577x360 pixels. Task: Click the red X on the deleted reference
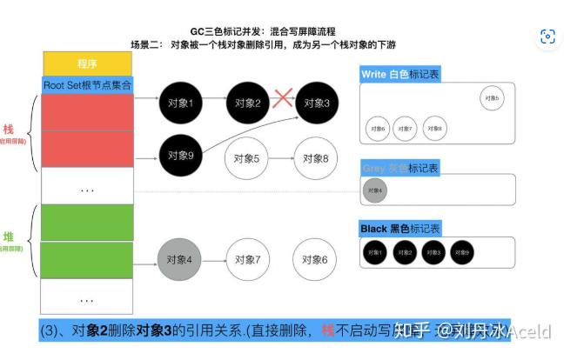282,98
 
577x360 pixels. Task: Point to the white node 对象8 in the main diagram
316,158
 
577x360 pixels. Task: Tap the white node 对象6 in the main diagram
316,259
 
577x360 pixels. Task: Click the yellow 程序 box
87,63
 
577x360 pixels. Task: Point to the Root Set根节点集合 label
87,84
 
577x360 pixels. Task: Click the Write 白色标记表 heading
401,75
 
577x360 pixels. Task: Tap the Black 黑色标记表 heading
400,229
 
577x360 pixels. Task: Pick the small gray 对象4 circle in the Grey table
374,190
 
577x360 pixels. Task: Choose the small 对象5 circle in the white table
491,98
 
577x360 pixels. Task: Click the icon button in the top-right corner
547,37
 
